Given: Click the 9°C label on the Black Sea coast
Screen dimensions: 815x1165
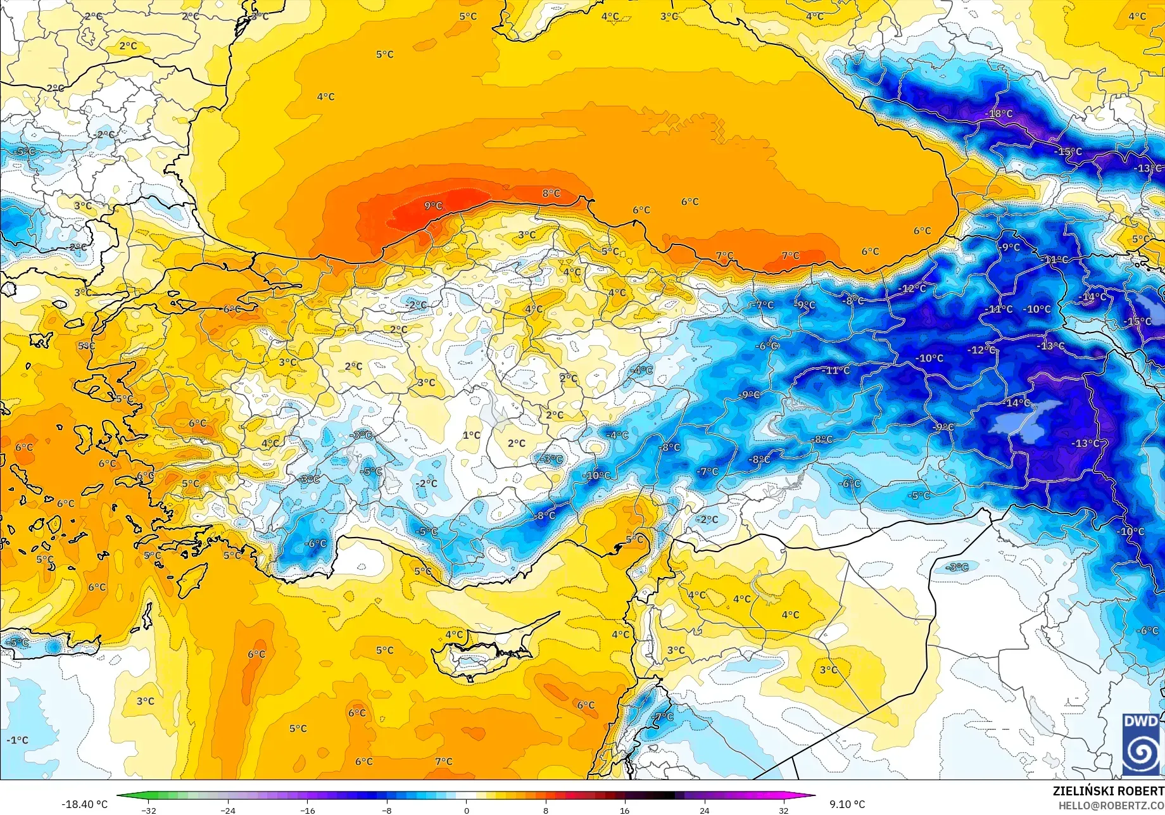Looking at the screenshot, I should (x=433, y=206).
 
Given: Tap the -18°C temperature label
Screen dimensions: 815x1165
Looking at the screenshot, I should (x=1000, y=114).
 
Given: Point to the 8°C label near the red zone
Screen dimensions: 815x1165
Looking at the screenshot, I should (x=551, y=193).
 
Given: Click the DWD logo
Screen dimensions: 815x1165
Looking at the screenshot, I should (x=1141, y=744).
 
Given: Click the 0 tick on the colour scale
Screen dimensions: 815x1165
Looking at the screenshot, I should (x=467, y=810).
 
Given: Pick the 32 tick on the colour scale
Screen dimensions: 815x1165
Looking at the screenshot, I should (x=784, y=810).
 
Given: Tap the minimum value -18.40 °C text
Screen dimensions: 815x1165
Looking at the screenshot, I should (x=84, y=804).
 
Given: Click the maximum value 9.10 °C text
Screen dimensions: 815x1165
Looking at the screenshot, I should (x=847, y=804).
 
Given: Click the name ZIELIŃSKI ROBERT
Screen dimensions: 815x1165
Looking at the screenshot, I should (x=1108, y=791).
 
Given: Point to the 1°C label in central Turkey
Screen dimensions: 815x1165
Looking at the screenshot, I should (x=471, y=435).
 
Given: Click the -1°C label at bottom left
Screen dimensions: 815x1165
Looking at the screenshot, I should (x=17, y=740).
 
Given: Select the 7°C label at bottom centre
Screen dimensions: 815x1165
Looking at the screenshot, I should (x=444, y=761).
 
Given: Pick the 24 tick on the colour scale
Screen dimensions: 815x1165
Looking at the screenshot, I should (x=704, y=810).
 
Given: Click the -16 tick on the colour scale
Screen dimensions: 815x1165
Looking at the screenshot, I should (x=308, y=810).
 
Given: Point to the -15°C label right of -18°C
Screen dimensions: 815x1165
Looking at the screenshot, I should (x=1068, y=152).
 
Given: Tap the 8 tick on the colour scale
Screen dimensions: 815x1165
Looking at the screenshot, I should (x=546, y=810).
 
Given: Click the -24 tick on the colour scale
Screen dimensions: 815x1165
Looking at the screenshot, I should (x=228, y=810).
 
